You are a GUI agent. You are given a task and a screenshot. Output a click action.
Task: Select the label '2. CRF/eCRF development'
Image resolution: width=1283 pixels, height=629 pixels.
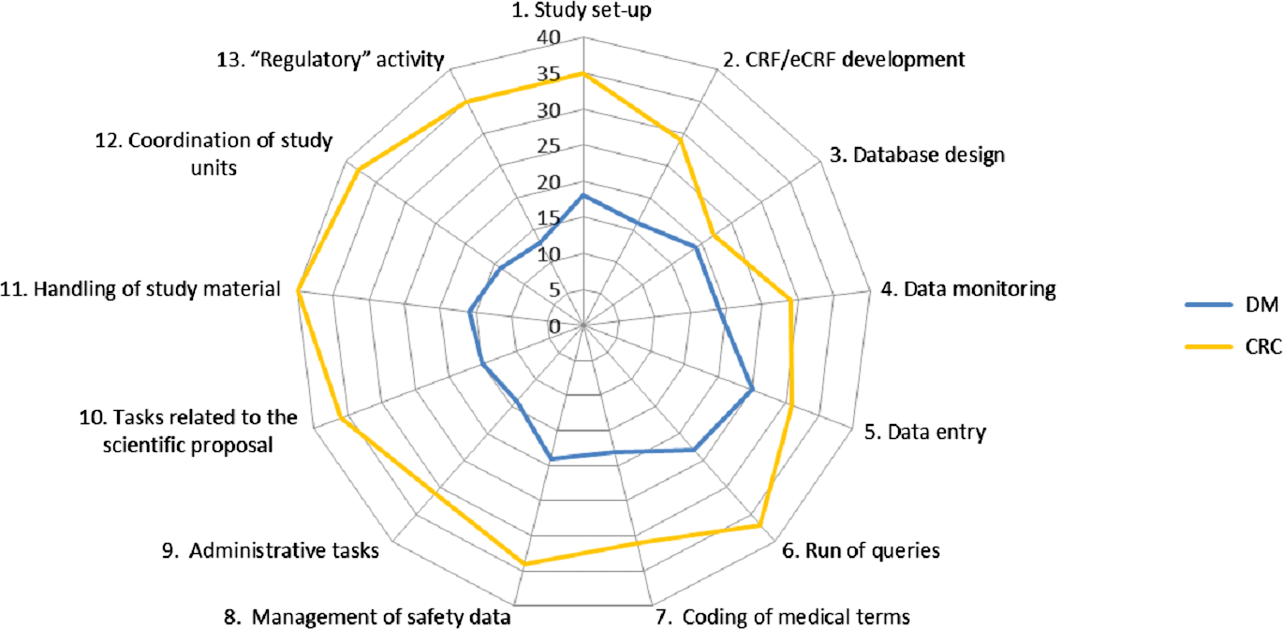(843, 60)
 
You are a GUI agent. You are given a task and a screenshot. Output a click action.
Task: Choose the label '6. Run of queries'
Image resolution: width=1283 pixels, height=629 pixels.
(859, 550)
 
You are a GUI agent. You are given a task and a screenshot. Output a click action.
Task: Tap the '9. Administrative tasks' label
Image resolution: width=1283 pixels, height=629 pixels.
(269, 551)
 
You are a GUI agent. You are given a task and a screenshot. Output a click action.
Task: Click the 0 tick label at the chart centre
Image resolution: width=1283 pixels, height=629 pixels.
(554, 327)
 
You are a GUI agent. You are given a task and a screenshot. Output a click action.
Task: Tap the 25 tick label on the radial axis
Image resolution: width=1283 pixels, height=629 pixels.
(549, 147)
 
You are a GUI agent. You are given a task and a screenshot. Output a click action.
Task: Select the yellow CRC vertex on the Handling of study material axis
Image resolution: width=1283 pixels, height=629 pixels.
(298, 291)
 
